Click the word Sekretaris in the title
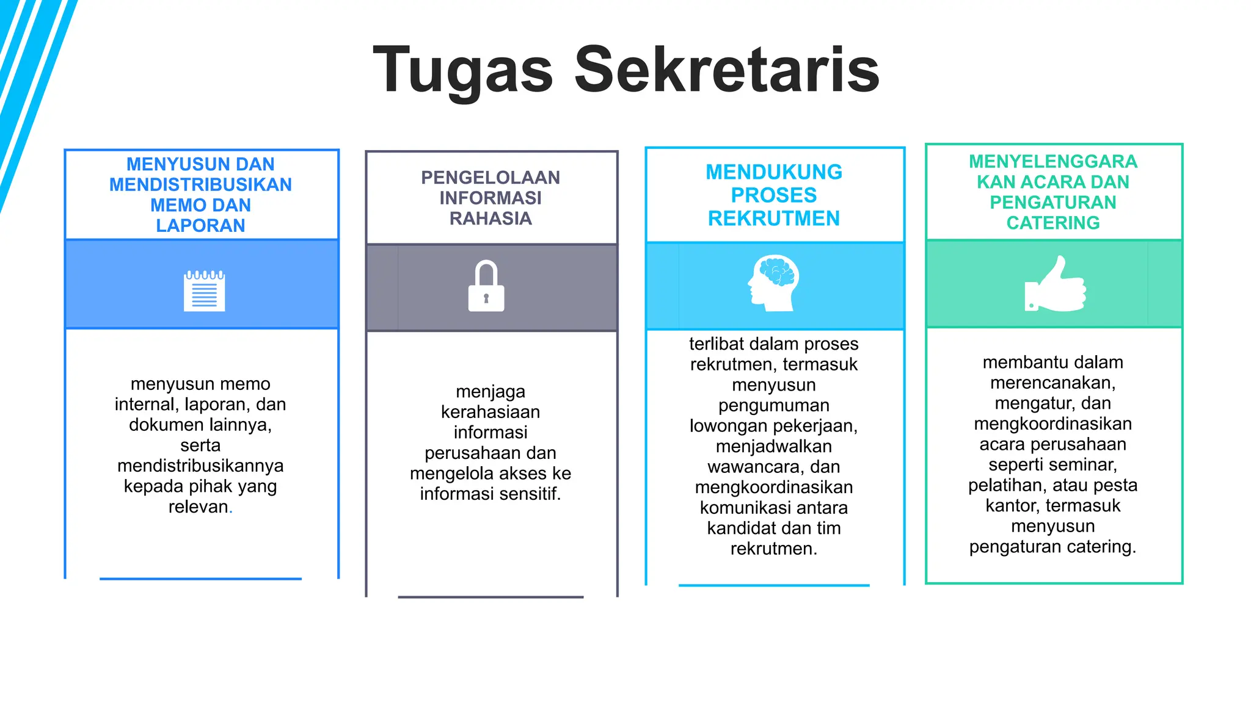[x=726, y=70]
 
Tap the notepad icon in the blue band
[x=205, y=291]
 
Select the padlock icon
[x=486, y=286]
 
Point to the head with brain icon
[x=773, y=283]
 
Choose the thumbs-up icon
[x=1055, y=284]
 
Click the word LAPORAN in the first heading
[x=200, y=226]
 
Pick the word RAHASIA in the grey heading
[x=491, y=218]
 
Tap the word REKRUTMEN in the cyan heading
[x=773, y=218]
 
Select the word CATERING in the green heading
[x=1053, y=223]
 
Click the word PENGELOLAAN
[x=491, y=178]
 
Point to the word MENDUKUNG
[x=773, y=172]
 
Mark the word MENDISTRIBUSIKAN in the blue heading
[x=200, y=185]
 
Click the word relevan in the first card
[x=198, y=507]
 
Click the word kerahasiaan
[x=491, y=412]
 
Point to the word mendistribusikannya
[x=200, y=466]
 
